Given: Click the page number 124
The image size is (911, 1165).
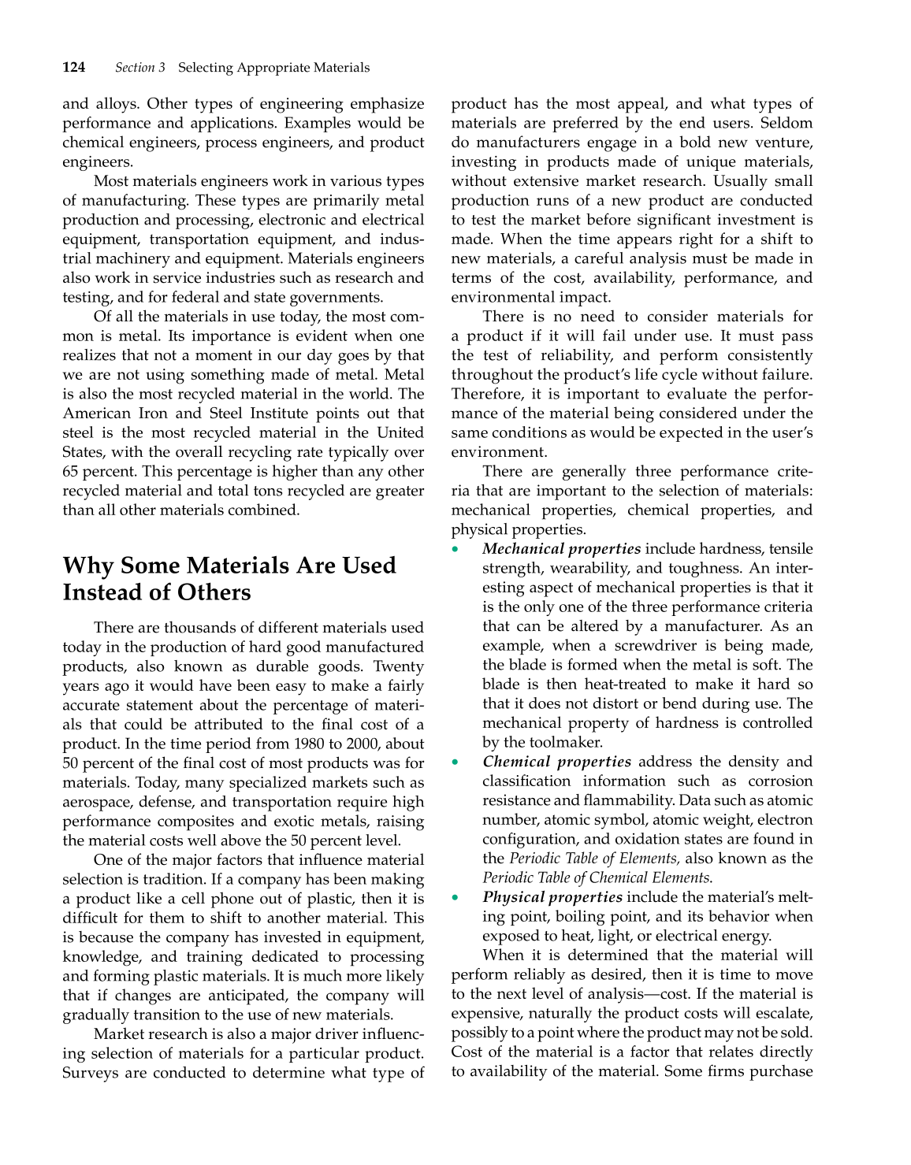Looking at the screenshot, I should [x=74, y=68].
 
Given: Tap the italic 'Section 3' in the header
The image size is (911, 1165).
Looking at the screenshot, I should [x=140, y=68].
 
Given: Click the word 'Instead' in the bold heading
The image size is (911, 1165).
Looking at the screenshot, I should [x=102, y=592].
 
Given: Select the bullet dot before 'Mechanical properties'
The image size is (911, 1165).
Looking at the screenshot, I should [x=455, y=549].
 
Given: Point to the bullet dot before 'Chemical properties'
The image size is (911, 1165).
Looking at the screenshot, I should [x=455, y=762].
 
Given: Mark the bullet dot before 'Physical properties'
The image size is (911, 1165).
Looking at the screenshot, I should [x=455, y=898].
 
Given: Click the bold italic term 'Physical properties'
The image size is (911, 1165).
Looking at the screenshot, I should [x=552, y=897].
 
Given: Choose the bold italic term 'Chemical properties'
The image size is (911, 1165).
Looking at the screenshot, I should [x=556, y=762].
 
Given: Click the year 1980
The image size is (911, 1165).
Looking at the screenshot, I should [x=310, y=744].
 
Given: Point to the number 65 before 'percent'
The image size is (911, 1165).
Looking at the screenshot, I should [x=71, y=472].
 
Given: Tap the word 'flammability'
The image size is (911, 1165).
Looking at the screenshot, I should [x=616, y=800].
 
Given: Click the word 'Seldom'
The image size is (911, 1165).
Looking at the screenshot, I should [x=786, y=124].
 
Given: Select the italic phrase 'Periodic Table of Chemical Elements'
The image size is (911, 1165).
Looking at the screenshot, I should [x=597, y=877].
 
